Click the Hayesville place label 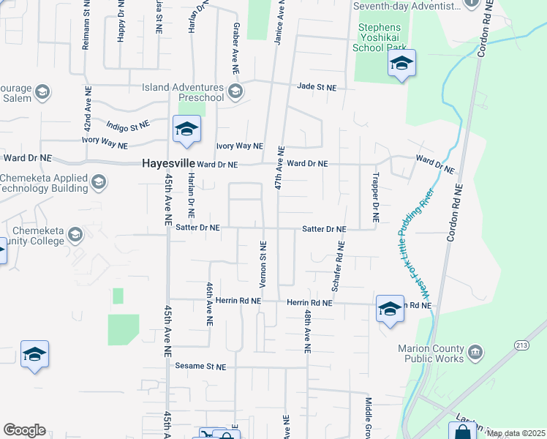point(167,165)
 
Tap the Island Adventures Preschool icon point(235,91)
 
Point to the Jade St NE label point(317,87)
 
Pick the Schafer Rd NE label point(336,268)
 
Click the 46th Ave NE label point(209,303)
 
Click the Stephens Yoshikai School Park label point(379,38)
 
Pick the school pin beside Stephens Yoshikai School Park point(401,64)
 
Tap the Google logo point(25,430)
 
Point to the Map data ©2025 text point(516,433)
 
